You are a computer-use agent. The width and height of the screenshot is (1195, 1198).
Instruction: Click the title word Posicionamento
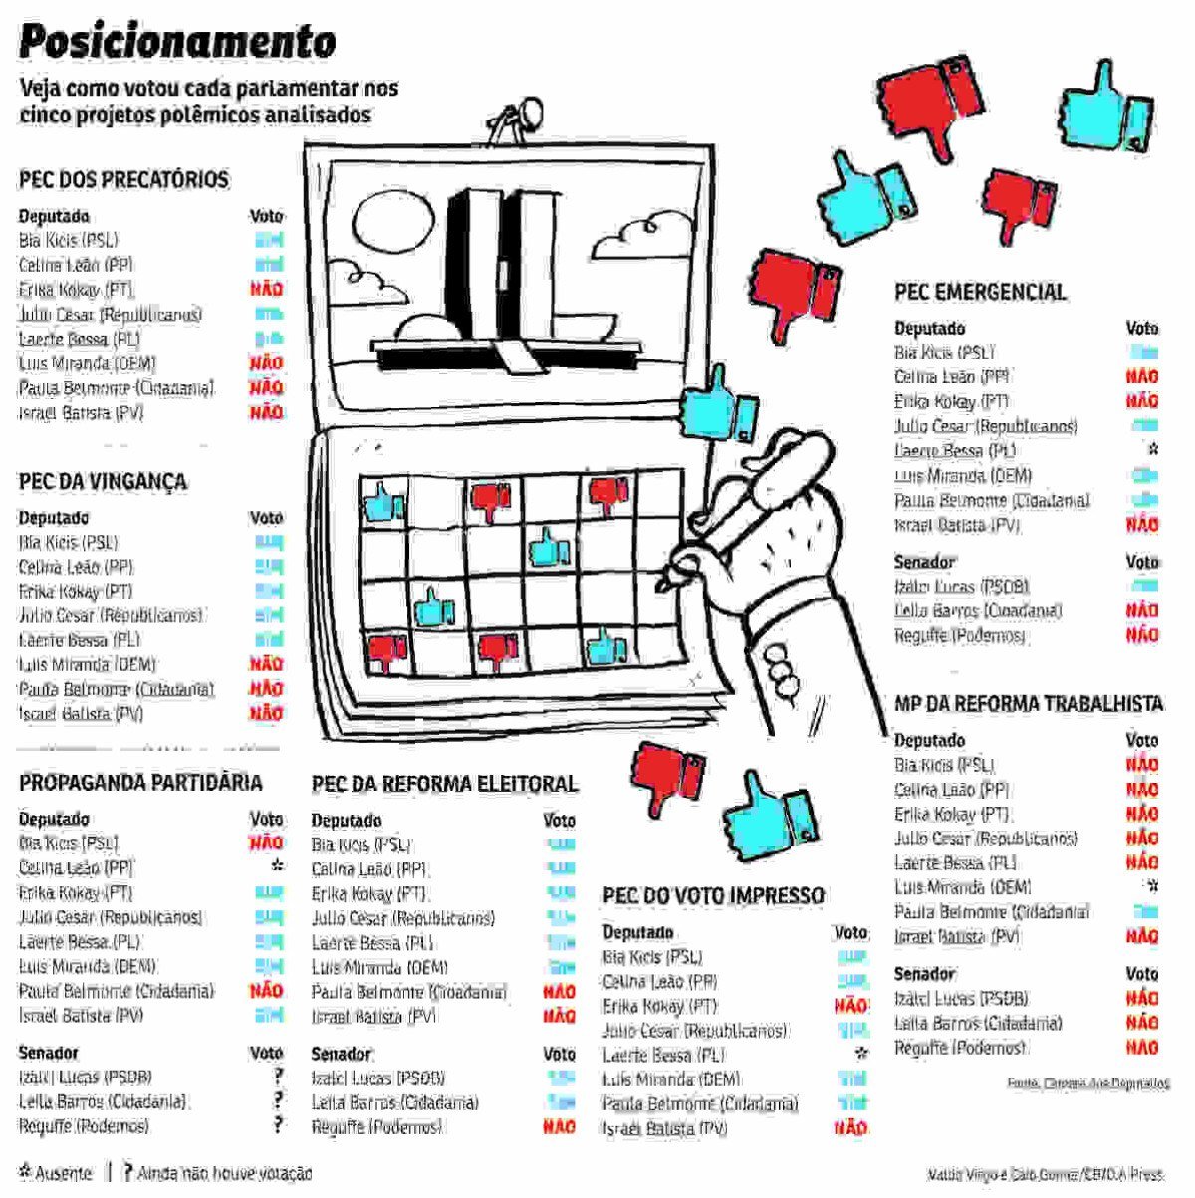(x=177, y=42)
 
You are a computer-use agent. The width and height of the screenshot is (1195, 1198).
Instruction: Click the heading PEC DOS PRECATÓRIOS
(x=123, y=180)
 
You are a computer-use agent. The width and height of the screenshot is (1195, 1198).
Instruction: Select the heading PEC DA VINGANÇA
(x=103, y=482)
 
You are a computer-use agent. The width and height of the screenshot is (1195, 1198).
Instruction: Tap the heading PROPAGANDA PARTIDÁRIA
(x=140, y=783)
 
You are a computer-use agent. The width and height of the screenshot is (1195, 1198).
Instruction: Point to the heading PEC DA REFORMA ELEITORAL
(x=444, y=785)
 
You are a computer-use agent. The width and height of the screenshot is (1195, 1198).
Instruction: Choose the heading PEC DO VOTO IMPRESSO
(x=713, y=895)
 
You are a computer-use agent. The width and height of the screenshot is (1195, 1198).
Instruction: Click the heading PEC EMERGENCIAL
(x=980, y=292)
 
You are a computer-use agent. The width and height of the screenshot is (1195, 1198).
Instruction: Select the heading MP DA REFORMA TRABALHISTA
(x=1028, y=704)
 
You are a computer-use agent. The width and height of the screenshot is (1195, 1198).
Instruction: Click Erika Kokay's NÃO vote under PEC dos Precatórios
(x=266, y=290)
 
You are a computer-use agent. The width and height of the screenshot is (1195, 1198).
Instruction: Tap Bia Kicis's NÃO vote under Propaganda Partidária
(x=266, y=843)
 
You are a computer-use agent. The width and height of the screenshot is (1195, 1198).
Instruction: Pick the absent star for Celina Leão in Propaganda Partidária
(x=277, y=867)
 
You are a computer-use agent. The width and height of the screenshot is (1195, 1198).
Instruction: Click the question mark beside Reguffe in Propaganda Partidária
(x=278, y=1125)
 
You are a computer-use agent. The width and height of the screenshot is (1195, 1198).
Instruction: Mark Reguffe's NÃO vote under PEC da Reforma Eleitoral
(x=559, y=1127)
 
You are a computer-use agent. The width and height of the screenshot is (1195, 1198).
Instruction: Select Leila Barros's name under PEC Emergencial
(x=978, y=611)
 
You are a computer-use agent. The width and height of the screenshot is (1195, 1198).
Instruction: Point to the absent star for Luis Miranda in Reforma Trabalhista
(x=1152, y=886)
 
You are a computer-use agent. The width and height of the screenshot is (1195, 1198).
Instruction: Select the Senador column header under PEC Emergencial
(x=924, y=562)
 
